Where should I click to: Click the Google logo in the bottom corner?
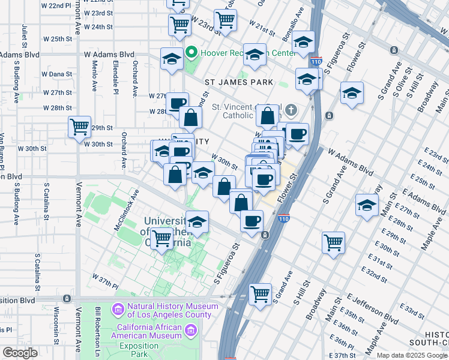pos(20,353)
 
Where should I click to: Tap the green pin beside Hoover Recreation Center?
pos(191,53)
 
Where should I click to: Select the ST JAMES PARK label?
pos(238,82)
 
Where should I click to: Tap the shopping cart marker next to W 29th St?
pos(79,127)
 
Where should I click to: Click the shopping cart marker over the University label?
pos(162,238)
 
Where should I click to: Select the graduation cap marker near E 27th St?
pos(367,205)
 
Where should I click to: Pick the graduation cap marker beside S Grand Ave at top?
pos(352,92)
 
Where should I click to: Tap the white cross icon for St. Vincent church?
pos(291,110)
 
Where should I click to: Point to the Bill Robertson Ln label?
pos(97,333)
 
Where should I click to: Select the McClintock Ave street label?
pos(127,211)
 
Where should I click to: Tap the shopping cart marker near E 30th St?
pos(333,242)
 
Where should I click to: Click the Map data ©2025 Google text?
pos(412,355)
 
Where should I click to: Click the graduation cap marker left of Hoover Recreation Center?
pos(172,59)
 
